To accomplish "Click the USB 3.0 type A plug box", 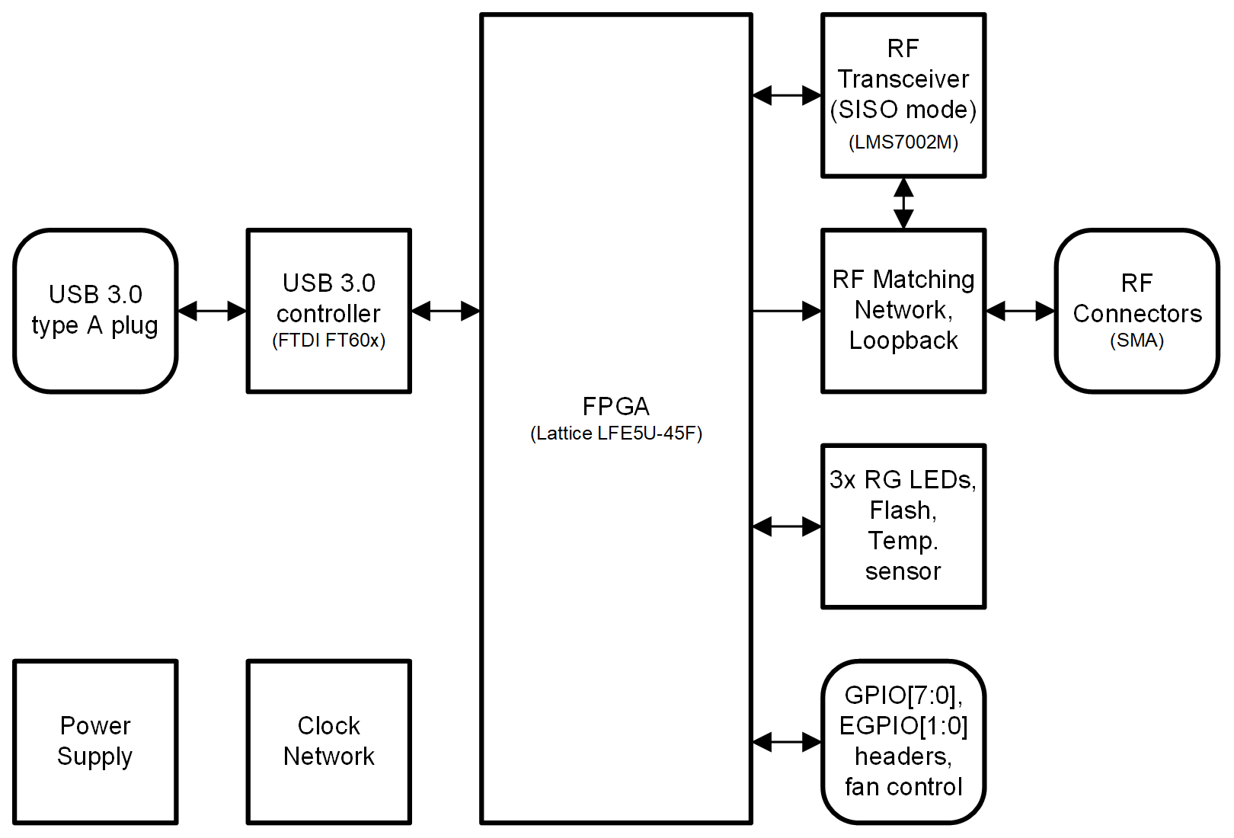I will (95, 311).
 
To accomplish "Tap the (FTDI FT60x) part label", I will (328, 341).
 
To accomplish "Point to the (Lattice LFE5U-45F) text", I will (616, 433).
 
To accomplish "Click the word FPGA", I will (616, 405).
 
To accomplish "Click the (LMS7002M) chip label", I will (903, 142).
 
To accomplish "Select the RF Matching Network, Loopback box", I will (903, 311).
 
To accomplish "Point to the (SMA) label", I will (1136, 341).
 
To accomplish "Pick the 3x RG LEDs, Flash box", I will (903, 526).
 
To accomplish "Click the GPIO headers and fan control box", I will (903, 741).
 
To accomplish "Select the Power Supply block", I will (95, 741).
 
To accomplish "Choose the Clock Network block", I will (328, 741).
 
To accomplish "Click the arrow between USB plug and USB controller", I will (212, 311).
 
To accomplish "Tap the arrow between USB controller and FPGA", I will (446, 311).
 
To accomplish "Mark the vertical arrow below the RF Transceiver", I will (903, 203).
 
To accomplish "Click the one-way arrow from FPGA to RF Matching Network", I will (787, 311).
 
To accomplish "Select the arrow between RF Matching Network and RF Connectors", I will (1021, 311).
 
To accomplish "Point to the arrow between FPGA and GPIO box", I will (787, 741).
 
